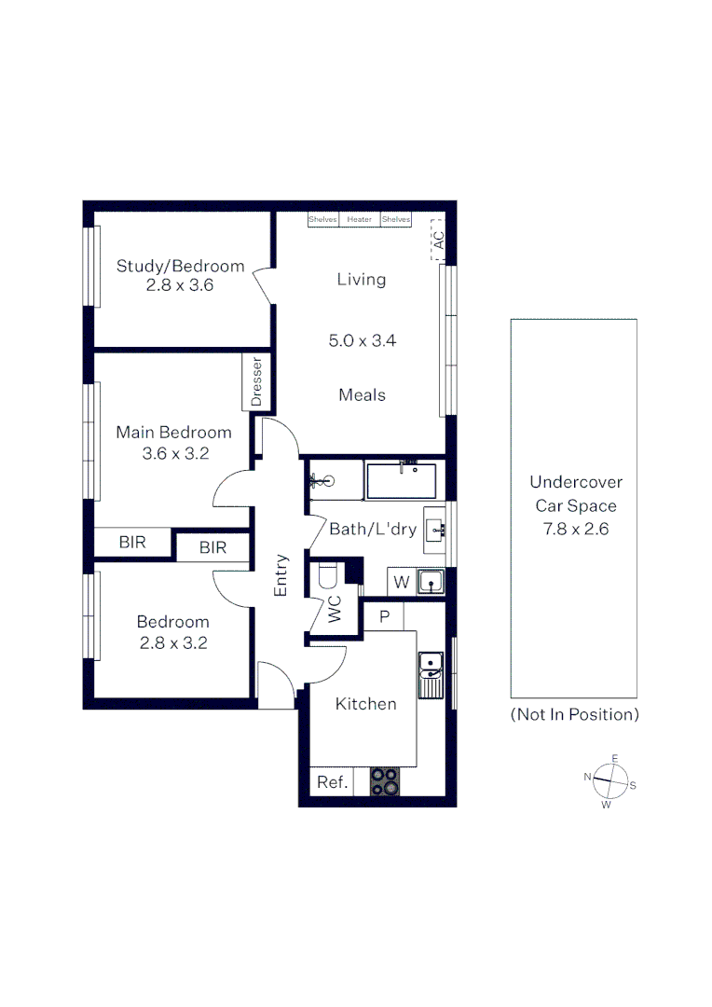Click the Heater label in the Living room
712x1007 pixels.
(360, 220)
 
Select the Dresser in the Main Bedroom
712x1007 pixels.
(257, 381)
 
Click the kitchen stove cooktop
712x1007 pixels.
(385, 780)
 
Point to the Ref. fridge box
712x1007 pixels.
(332, 782)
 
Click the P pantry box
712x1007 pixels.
(384, 617)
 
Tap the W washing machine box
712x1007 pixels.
(402, 582)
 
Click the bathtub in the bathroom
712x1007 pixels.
(402, 480)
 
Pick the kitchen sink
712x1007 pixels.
(431, 674)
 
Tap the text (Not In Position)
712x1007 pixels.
(574, 715)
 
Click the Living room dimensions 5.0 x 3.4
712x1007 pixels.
(362, 341)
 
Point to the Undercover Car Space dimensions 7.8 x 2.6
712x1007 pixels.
(575, 530)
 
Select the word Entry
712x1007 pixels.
(281, 575)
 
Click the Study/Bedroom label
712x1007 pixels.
(180, 266)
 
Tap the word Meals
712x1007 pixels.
(362, 395)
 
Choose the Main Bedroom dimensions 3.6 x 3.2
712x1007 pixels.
(173, 454)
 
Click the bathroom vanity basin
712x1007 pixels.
(436, 531)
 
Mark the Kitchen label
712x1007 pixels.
(365, 704)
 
